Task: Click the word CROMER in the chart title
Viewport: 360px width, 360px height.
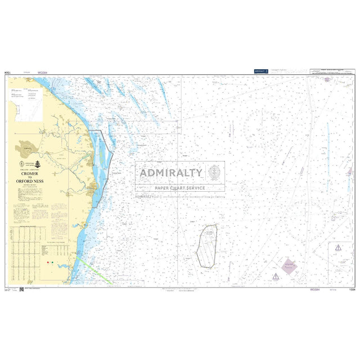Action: pyautogui.click(x=28, y=174)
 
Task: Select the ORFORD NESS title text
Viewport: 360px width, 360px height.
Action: pyautogui.click(x=28, y=181)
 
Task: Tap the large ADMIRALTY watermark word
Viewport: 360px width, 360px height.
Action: pyautogui.click(x=171, y=173)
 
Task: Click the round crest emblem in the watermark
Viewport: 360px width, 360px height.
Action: pyautogui.click(x=214, y=172)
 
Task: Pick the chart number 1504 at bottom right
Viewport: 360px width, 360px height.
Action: pyautogui.click(x=352, y=290)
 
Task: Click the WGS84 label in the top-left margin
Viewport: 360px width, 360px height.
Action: pyautogui.click(x=43, y=73)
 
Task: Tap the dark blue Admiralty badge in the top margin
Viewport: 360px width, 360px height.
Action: pyautogui.click(x=259, y=71)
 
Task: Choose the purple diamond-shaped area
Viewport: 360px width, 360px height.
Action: pyautogui.click(x=289, y=267)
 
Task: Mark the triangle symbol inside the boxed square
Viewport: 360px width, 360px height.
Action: pyautogui.click(x=337, y=247)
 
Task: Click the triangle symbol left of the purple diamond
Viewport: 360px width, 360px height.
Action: pyautogui.click(x=276, y=276)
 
